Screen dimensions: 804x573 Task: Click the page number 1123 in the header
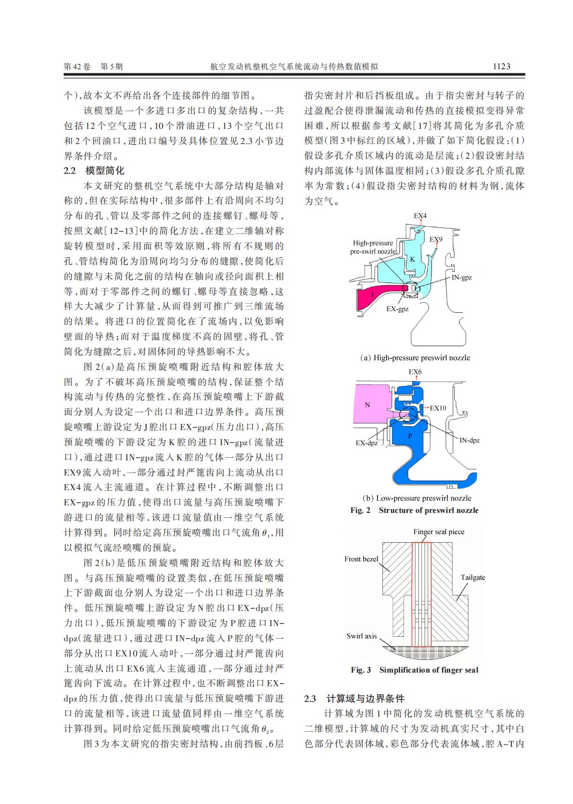tap(501, 66)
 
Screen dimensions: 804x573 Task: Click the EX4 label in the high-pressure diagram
tap(420, 216)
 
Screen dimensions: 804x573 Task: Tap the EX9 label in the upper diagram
tap(436, 239)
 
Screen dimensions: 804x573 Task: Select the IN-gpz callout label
tap(461, 277)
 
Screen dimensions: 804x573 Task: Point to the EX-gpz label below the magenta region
tap(397, 309)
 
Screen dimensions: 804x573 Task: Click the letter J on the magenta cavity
tap(372, 294)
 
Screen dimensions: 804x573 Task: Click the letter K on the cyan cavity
tap(412, 260)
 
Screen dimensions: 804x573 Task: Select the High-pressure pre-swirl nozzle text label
tap(373, 247)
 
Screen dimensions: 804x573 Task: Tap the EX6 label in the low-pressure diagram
tap(415, 372)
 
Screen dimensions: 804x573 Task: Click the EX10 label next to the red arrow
tap(438, 407)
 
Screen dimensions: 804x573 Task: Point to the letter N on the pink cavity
tap(367, 405)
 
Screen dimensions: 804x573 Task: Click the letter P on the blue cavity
tap(410, 435)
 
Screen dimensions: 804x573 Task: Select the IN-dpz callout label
tap(469, 440)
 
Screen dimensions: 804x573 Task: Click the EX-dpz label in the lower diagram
tap(367, 443)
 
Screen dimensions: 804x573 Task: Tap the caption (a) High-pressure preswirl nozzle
tap(414, 358)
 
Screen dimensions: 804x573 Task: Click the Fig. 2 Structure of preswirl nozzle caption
tap(414, 510)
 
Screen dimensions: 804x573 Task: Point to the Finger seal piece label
tap(439, 532)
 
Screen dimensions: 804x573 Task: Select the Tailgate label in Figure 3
tap(472, 578)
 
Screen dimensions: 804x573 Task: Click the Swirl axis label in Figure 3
tap(361, 636)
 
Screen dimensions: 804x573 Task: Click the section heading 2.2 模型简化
tap(94, 171)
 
